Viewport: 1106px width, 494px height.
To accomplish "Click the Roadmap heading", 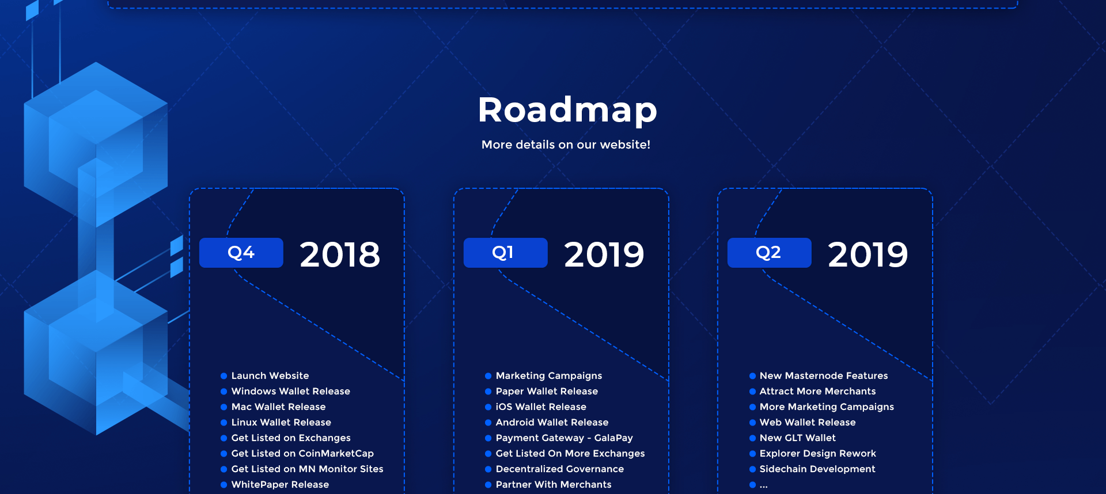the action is [567, 109].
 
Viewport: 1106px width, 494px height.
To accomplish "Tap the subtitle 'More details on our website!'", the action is [566, 145].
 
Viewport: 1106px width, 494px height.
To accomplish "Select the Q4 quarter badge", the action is [241, 253].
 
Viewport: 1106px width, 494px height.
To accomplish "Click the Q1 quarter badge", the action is [505, 253].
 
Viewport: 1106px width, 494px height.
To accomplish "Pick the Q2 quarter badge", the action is [770, 253].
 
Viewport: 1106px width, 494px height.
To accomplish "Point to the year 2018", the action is [340, 254].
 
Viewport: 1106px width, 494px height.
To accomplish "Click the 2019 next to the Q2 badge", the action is [868, 254].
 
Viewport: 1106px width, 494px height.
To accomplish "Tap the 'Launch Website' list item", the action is [270, 375].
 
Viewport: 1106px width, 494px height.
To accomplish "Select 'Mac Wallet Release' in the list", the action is [278, 406].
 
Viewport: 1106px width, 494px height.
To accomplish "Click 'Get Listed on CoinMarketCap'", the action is [302, 453].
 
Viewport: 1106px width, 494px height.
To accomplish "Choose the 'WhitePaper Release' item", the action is [280, 484].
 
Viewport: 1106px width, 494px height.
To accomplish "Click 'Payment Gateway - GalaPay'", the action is [564, 438].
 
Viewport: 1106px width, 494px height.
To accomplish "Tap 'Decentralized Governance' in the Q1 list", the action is [559, 469].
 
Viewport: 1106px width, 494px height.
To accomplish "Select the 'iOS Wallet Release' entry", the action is [541, 406].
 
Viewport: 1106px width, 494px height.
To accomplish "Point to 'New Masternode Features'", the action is [824, 375].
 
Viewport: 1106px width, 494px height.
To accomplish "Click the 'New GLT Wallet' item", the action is [797, 438].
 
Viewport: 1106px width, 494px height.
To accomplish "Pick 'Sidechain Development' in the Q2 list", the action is [817, 469].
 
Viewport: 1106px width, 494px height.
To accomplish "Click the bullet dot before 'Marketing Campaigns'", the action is [488, 376].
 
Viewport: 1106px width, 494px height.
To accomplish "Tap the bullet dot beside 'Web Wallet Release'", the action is [752, 423].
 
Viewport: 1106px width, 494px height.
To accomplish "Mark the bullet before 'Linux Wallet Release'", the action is [224, 423].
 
